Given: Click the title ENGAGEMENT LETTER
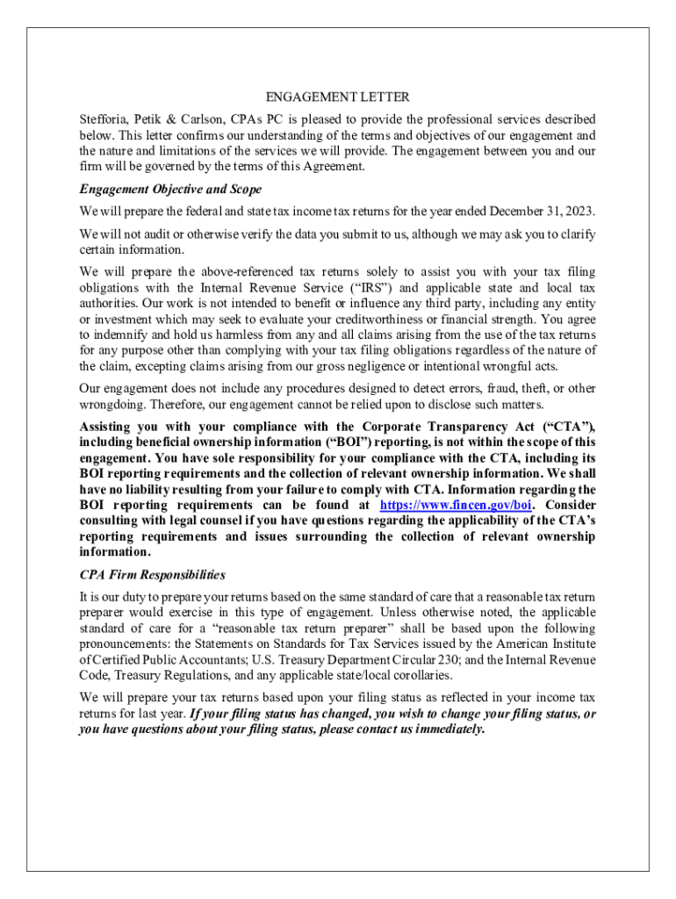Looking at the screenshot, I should coord(338,97).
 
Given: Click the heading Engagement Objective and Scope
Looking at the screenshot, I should coord(170,189).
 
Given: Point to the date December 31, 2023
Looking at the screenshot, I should coord(542,212).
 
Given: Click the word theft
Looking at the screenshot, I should coord(528,388).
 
